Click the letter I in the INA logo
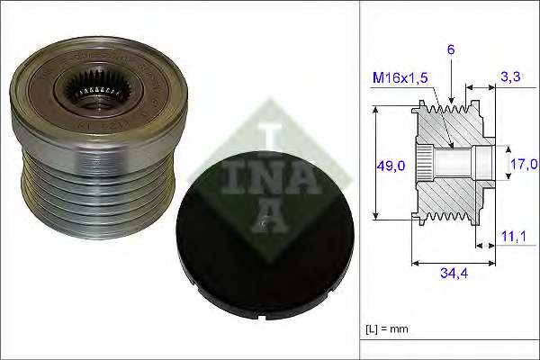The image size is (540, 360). point(266,135)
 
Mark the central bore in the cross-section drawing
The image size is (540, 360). point(454,164)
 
